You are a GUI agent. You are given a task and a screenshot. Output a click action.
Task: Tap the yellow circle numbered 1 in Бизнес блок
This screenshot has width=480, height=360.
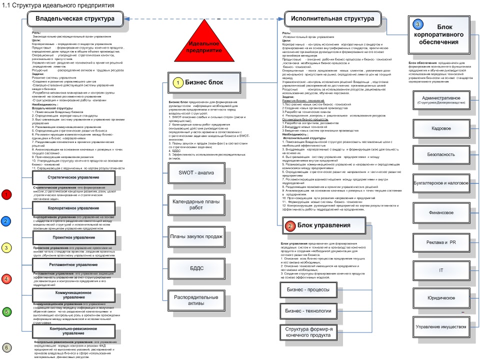(177, 82)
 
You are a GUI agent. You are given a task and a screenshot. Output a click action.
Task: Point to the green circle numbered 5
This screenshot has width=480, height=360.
(6, 312)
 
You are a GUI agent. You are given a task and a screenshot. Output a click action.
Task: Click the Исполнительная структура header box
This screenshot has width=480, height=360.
(330, 19)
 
